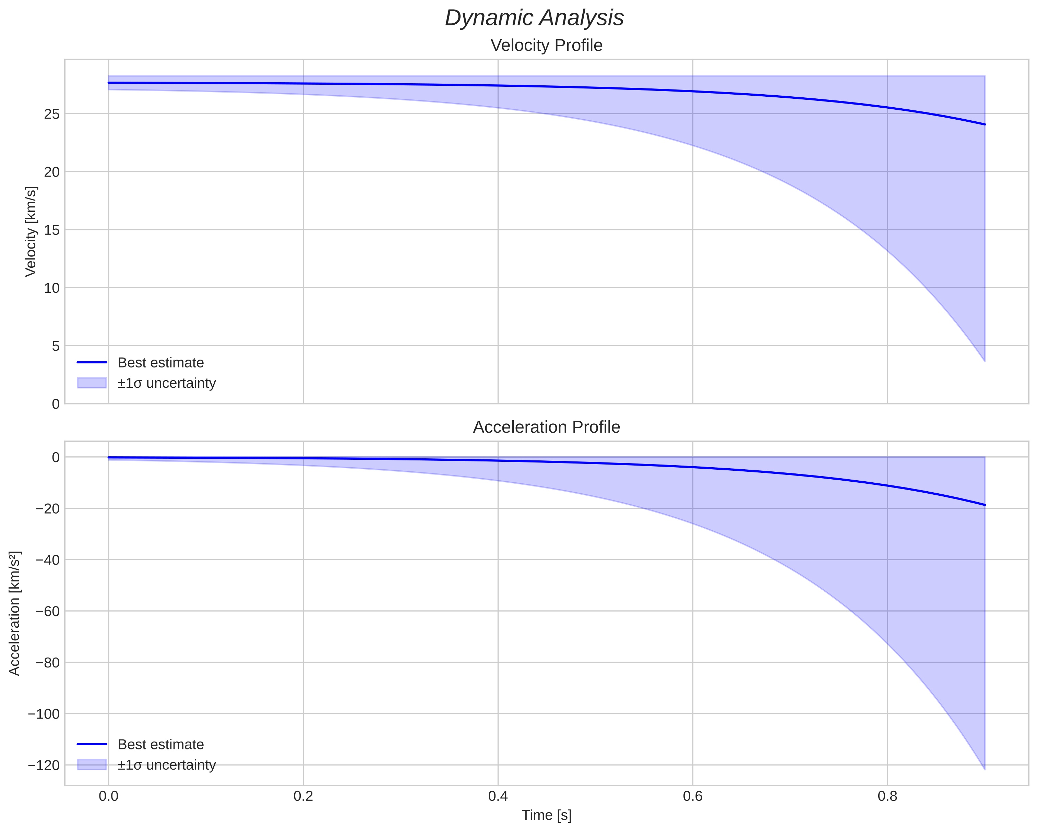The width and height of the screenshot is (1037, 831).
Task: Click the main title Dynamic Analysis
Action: click(x=534, y=18)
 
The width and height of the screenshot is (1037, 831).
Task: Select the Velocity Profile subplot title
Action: click(x=546, y=45)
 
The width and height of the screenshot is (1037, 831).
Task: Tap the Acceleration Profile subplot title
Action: click(x=546, y=427)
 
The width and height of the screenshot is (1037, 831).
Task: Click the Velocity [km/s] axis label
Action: click(x=31, y=231)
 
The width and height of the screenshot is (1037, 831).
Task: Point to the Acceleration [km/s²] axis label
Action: click(x=14, y=613)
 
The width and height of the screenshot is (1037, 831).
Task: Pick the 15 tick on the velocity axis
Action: click(x=51, y=230)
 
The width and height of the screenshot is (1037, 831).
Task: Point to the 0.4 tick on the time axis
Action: click(x=498, y=796)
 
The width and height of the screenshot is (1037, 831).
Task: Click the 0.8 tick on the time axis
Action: click(x=887, y=796)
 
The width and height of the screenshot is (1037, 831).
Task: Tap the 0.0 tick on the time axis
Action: click(x=109, y=796)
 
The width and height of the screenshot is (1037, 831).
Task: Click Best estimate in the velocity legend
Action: click(x=160, y=363)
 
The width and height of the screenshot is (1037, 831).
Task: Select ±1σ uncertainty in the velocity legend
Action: click(x=166, y=383)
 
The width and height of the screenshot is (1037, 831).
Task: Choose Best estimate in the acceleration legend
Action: click(x=160, y=745)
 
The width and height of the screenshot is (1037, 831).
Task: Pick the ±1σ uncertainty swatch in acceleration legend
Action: click(x=91, y=764)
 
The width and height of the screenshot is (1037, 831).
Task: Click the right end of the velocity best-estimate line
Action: click(x=985, y=124)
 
